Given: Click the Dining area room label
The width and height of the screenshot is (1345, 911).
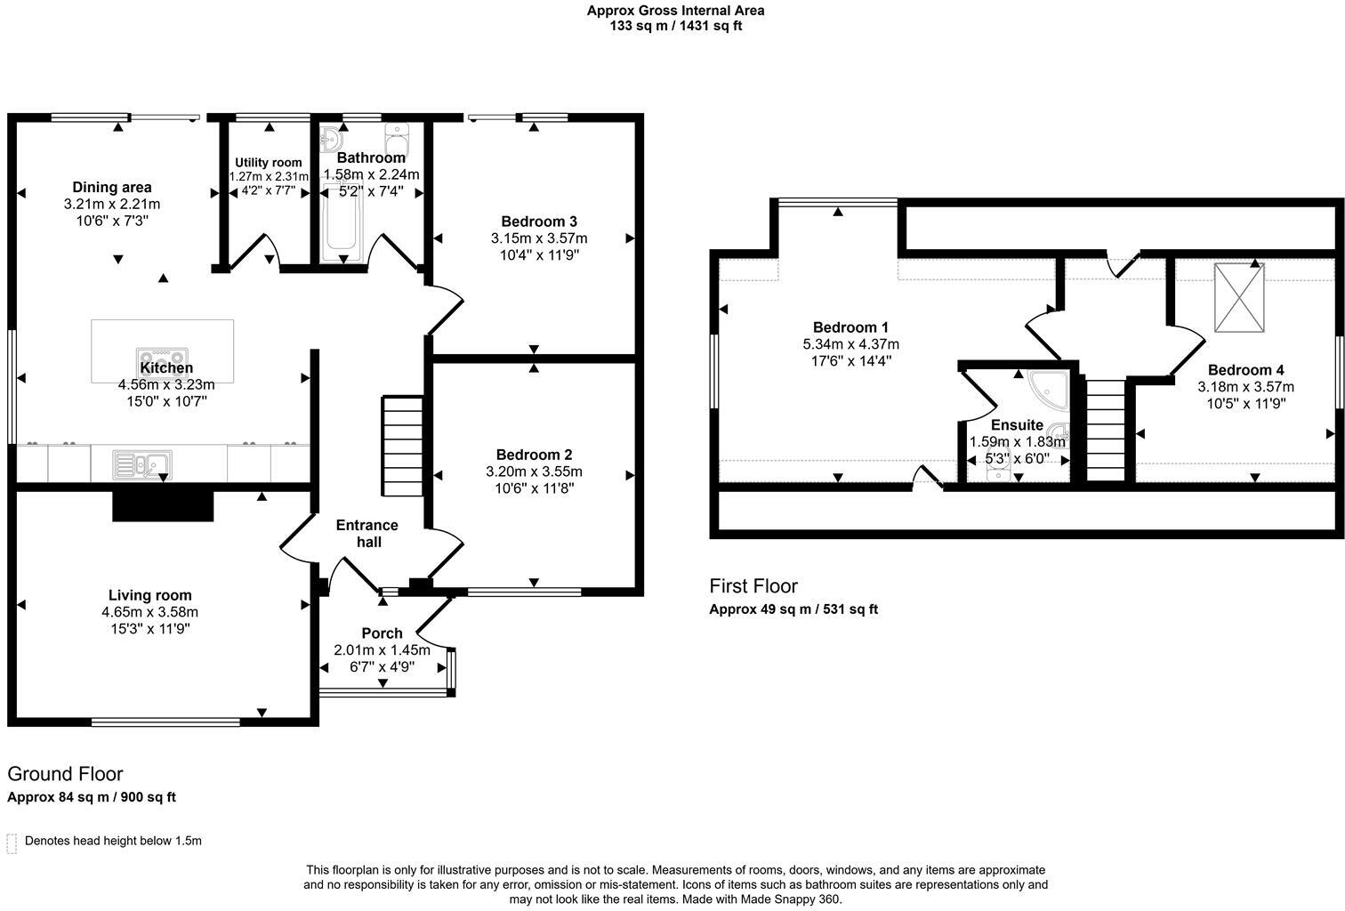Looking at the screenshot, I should pyautogui.click(x=112, y=187).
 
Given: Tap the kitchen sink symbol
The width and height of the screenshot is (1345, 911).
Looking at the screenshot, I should pyautogui.click(x=143, y=464).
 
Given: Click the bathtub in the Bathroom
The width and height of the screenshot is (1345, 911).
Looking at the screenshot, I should pyautogui.click(x=340, y=222).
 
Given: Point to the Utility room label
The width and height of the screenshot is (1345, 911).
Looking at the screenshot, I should pyautogui.click(x=268, y=163).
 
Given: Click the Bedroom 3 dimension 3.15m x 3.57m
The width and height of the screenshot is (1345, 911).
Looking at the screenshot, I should pyautogui.click(x=538, y=238).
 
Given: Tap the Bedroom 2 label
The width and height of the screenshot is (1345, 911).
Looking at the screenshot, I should pyautogui.click(x=534, y=454).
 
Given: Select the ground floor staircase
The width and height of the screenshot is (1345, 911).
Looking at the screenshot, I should pyautogui.click(x=402, y=447).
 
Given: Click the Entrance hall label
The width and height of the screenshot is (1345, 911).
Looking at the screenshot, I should pyautogui.click(x=367, y=533).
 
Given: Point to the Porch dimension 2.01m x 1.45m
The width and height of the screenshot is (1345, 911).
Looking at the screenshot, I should pyautogui.click(x=382, y=650).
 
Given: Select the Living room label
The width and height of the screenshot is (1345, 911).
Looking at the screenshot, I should pyautogui.click(x=149, y=595).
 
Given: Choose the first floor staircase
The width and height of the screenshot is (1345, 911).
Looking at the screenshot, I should pyautogui.click(x=1106, y=430).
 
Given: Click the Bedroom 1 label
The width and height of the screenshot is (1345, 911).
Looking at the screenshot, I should pyautogui.click(x=850, y=327).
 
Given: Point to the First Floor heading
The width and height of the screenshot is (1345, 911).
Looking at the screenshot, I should pyautogui.click(x=753, y=586).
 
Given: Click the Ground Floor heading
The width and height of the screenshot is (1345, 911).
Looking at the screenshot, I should pyautogui.click(x=65, y=774).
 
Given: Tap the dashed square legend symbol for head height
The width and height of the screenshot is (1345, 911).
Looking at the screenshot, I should pyautogui.click(x=12, y=842).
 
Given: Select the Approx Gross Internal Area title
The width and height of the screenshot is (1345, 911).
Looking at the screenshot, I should pyautogui.click(x=675, y=11).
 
